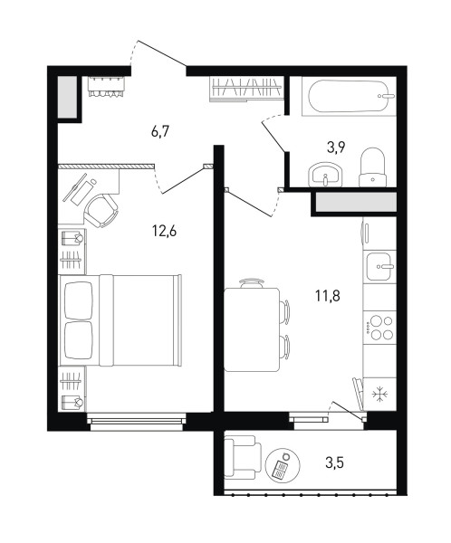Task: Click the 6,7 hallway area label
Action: [159, 132]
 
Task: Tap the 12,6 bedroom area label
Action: [164, 231]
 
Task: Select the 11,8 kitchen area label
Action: [328, 296]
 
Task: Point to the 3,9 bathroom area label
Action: [336, 148]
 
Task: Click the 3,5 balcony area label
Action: [334, 462]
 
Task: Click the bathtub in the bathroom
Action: [349, 96]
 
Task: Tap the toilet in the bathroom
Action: [372, 167]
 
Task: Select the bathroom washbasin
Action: [325, 175]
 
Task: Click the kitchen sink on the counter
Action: [379, 266]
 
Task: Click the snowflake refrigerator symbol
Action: [380, 395]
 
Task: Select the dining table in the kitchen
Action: [252, 329]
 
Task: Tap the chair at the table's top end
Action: [252, 283]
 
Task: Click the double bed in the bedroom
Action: [120, 320]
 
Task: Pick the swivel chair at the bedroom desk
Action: [101, 211]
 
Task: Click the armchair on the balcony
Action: [243, 457]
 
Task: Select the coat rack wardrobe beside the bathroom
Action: [246, 89]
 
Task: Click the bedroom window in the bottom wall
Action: [136, 421]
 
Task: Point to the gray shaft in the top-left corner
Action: [67, 97]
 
